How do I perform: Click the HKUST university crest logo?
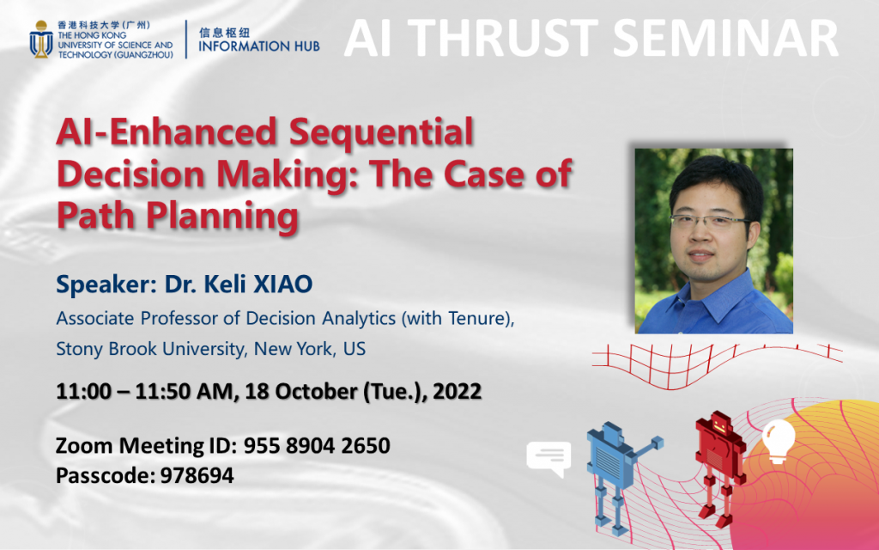(39, 40)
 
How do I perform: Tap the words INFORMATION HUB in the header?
(259, 46)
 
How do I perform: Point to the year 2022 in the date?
(456, 392)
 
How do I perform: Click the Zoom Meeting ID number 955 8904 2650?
(317, 447)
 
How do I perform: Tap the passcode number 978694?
(197, 475)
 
